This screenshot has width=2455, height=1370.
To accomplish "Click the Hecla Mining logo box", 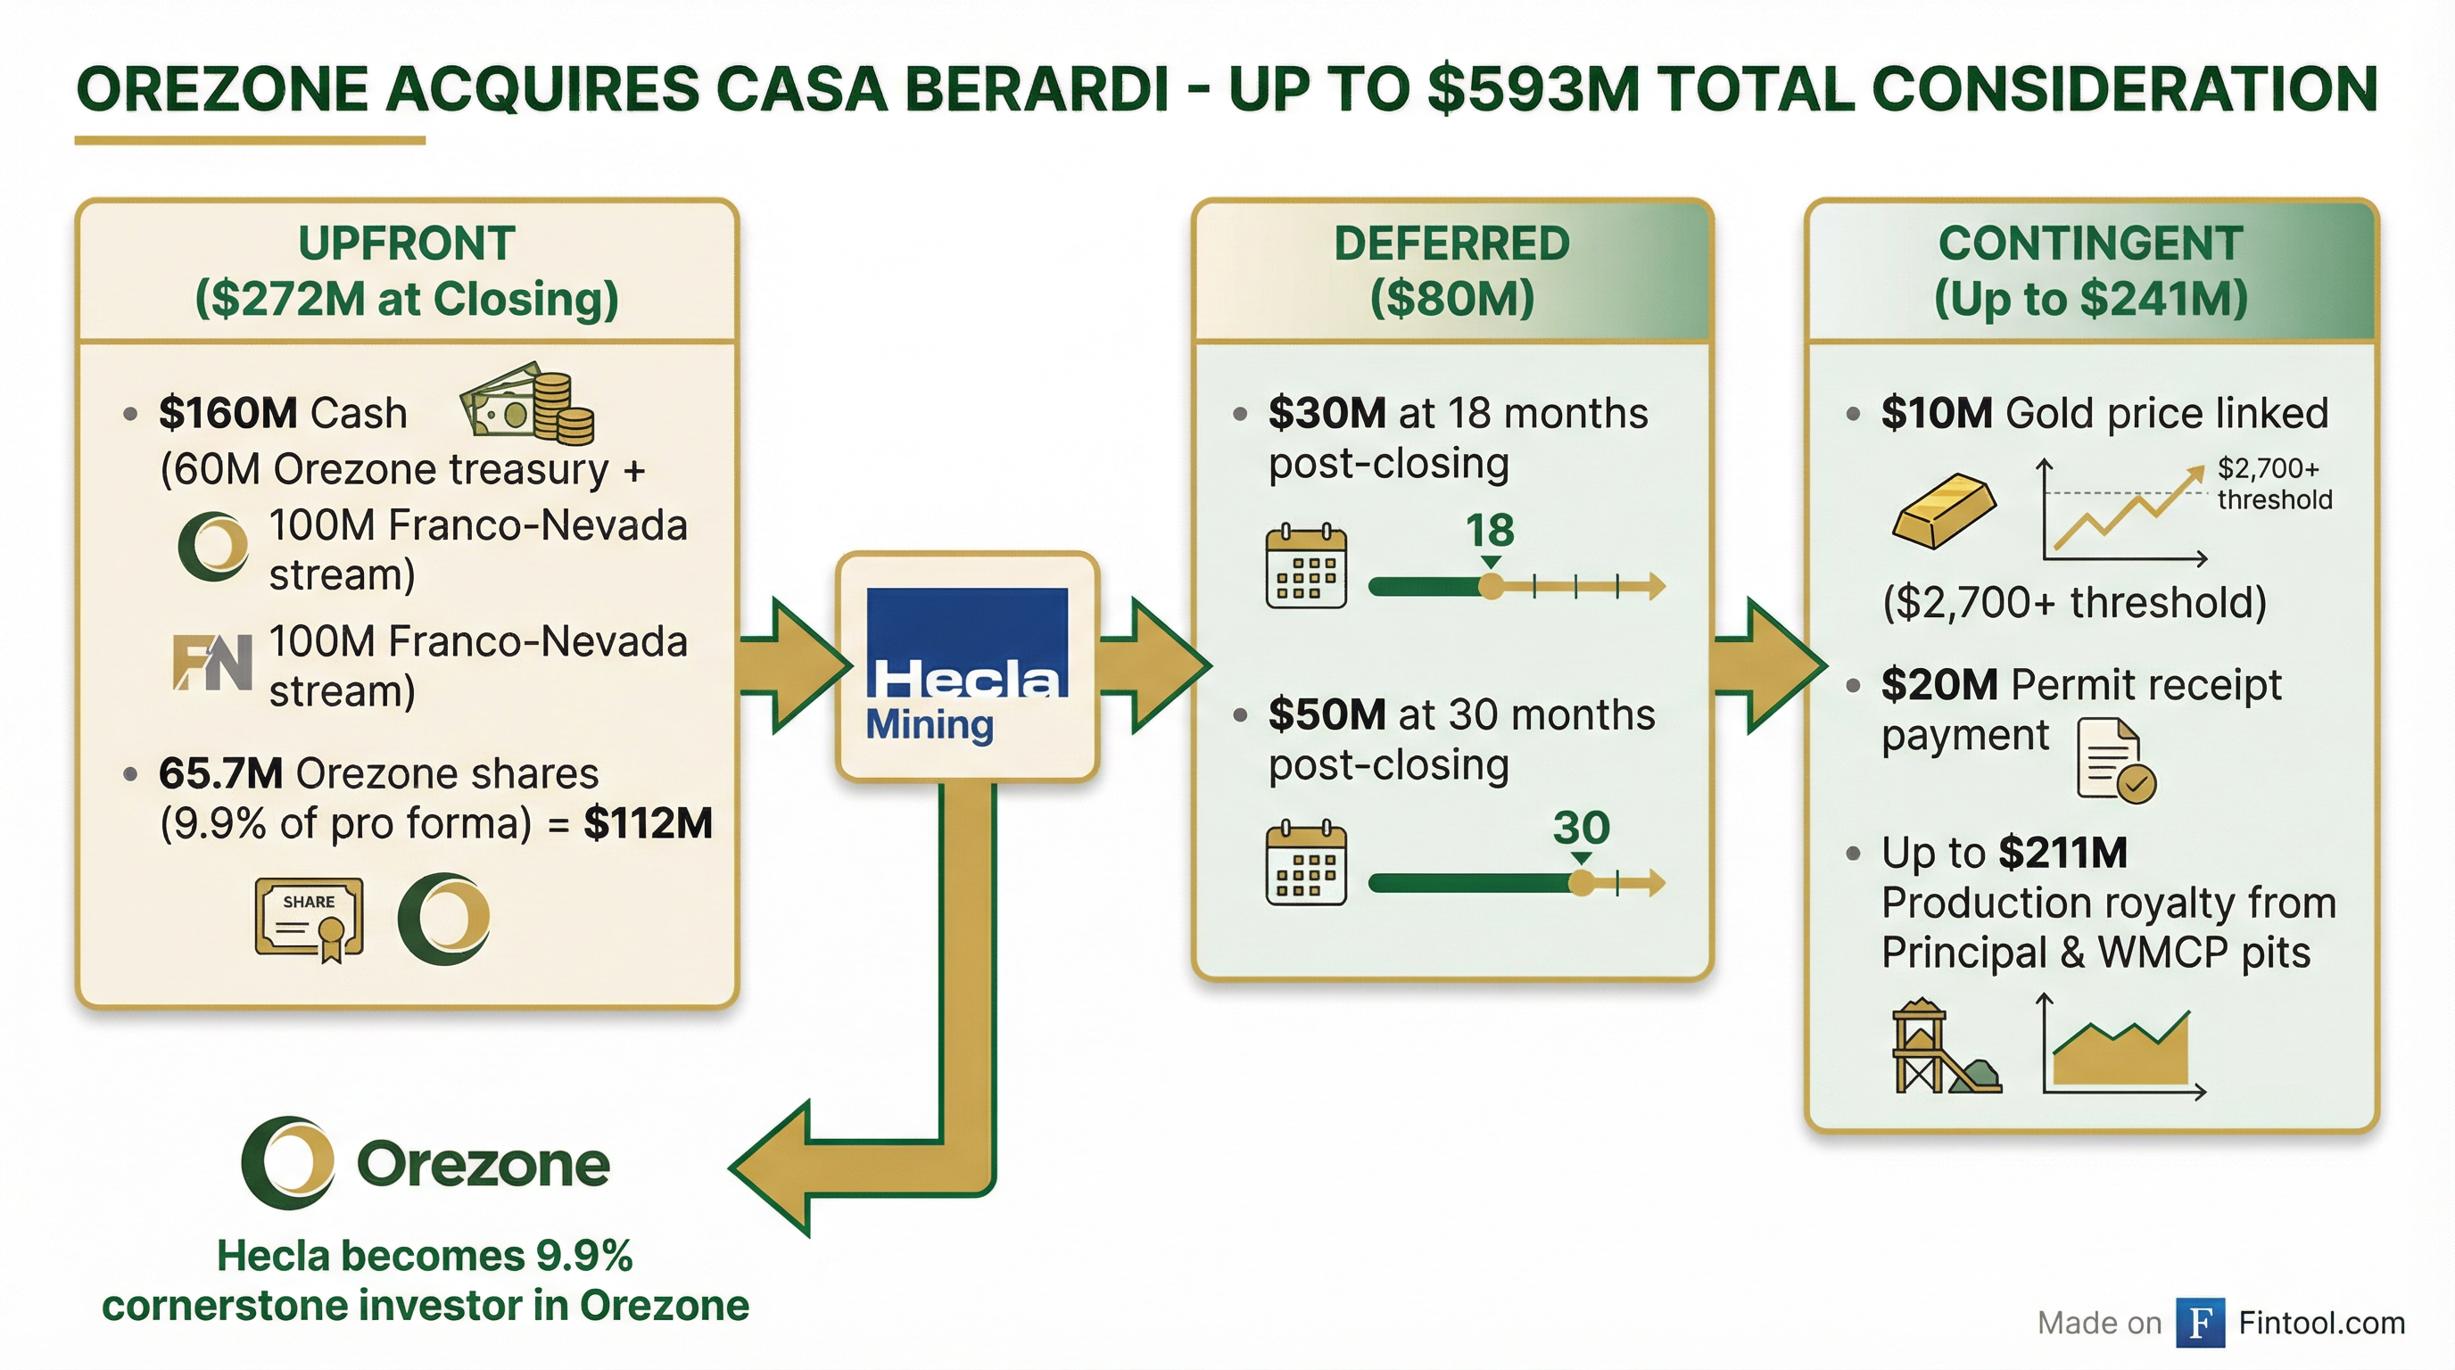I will [x=967, y=666].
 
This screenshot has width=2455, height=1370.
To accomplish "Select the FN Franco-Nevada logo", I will [x=212, y=661].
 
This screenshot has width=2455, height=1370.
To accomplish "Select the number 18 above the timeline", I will [x=1490, y=530].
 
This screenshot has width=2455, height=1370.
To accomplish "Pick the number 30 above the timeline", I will [x=1581, y=827].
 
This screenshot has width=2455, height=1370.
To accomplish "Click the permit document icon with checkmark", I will [x=2115, y=760].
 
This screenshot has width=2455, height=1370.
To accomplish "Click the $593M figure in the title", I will [x=1533, y=89].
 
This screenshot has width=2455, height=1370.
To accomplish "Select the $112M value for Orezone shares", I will [x=648, y=823].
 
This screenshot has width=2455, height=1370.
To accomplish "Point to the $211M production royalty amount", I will [x=2063, y=853].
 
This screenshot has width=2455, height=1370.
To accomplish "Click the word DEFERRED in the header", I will [x=1451, y=243].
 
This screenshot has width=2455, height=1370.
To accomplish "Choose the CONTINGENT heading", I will [x=2091, y=243].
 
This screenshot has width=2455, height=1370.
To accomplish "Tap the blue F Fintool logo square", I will [x=2200, y=1323].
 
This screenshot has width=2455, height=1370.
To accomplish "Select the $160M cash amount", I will [x=228, y=414].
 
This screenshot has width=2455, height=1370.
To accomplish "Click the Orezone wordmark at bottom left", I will [x=483, y=1164].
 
